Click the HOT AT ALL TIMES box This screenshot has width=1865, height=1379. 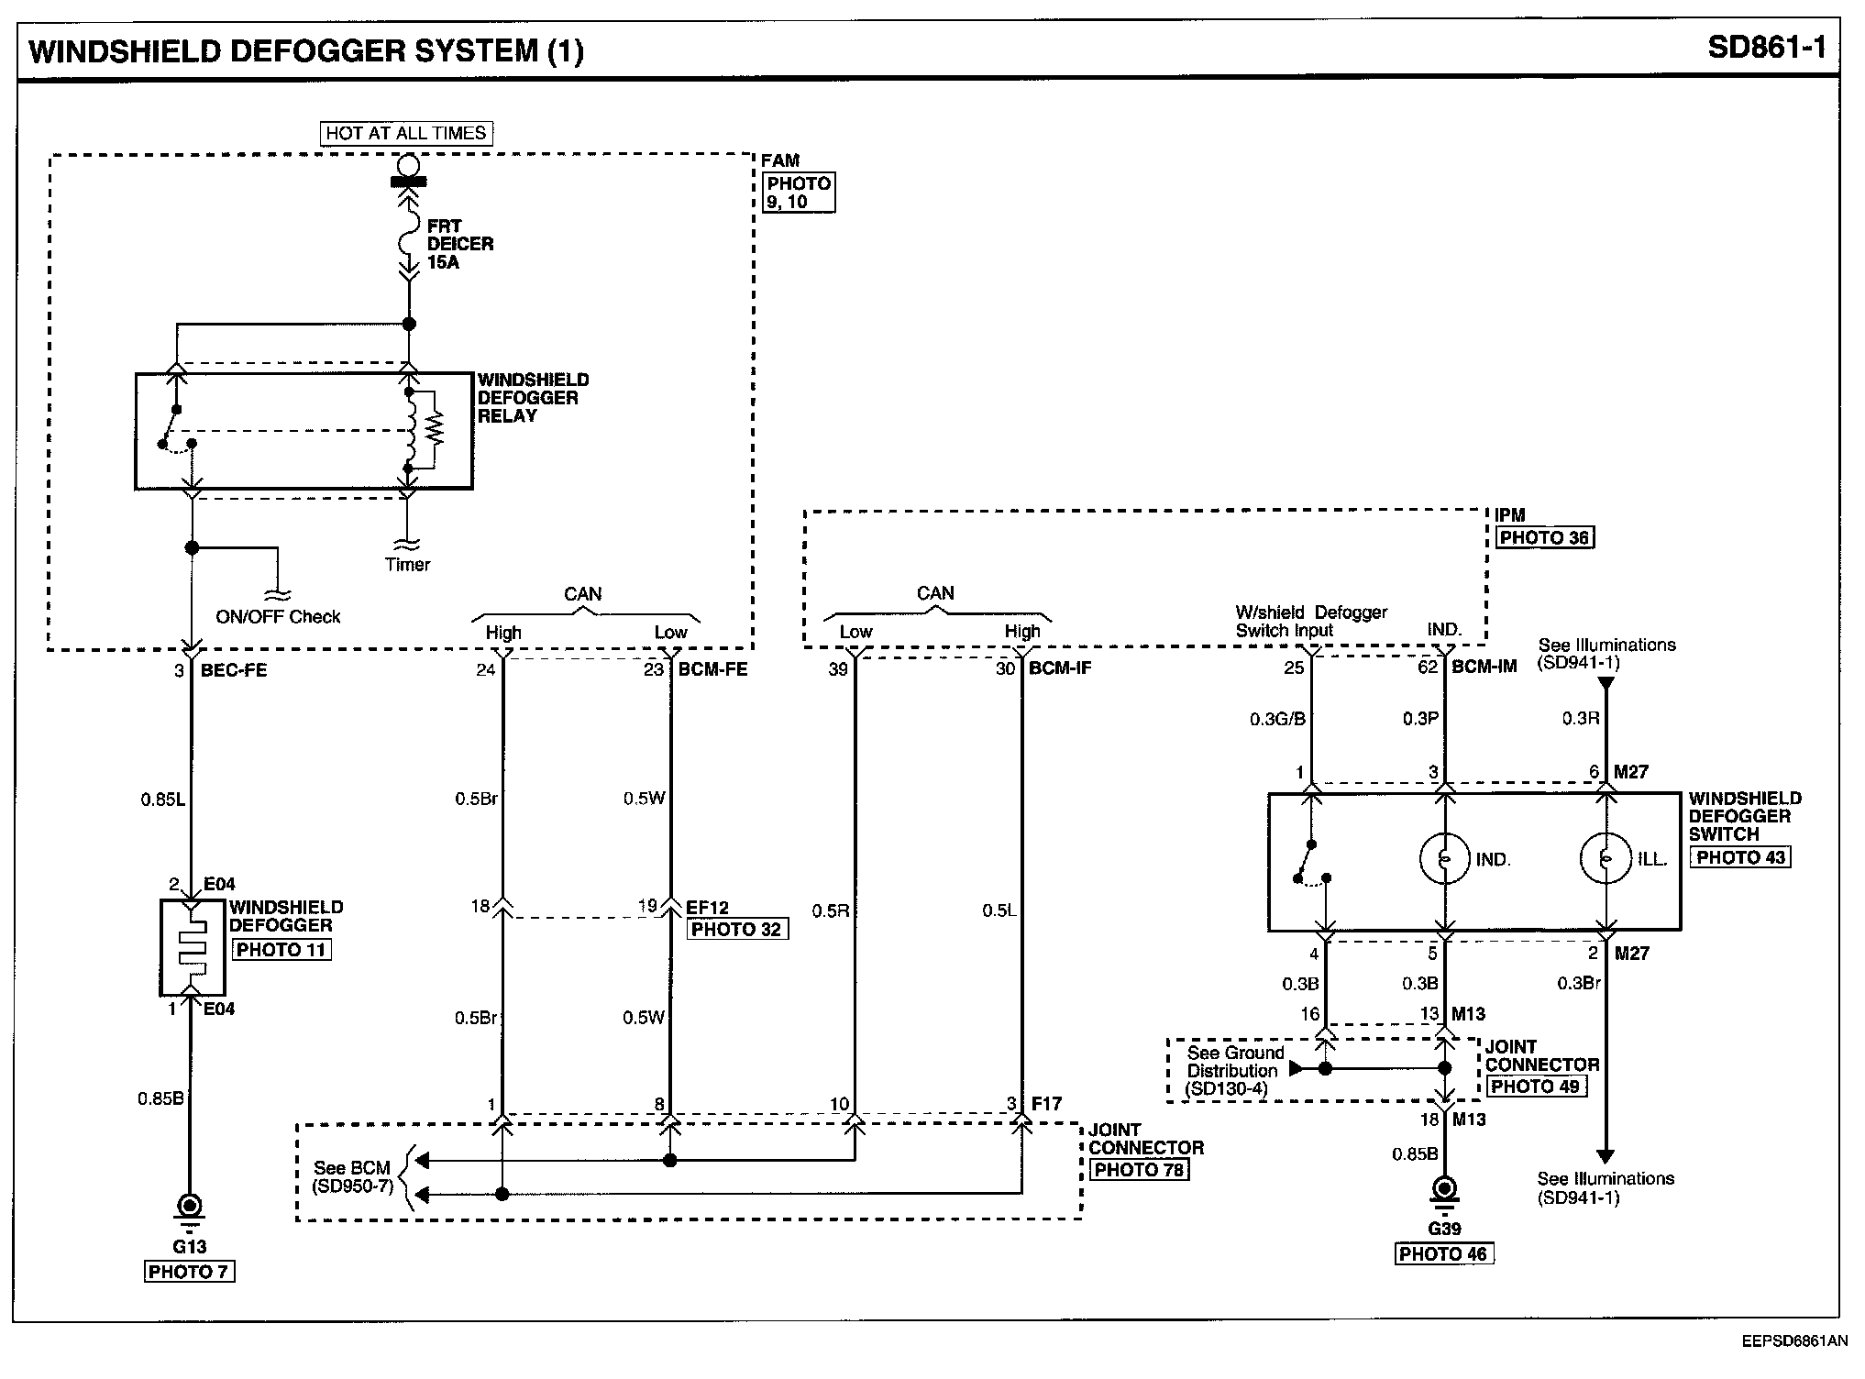click(406, 133)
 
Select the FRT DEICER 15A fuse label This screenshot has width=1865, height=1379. click(459, 244)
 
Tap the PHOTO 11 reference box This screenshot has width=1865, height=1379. click(281, 950)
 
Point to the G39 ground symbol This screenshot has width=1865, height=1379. click(1444, 1191)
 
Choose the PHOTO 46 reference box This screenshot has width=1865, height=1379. click(1443, 1253)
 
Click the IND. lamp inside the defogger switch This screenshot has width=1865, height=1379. click(1443, 859)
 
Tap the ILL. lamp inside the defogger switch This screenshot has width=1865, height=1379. click(1605, 859)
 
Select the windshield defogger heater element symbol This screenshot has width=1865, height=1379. click(192, 948)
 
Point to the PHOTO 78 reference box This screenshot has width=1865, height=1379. click(1140, 1170)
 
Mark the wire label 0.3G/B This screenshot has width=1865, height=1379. click(1277, 720)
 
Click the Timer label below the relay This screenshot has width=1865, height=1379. click(407, 565)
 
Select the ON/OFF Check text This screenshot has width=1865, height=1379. click(278, 617)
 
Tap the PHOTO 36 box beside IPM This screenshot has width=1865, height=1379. click(1544, 537)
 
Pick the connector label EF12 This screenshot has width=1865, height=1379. click(707, 908)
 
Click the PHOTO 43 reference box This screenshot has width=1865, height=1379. click(1740, 857)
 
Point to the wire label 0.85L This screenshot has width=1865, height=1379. click(162, 800)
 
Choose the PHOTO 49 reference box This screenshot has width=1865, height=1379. click(1535, 1087)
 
